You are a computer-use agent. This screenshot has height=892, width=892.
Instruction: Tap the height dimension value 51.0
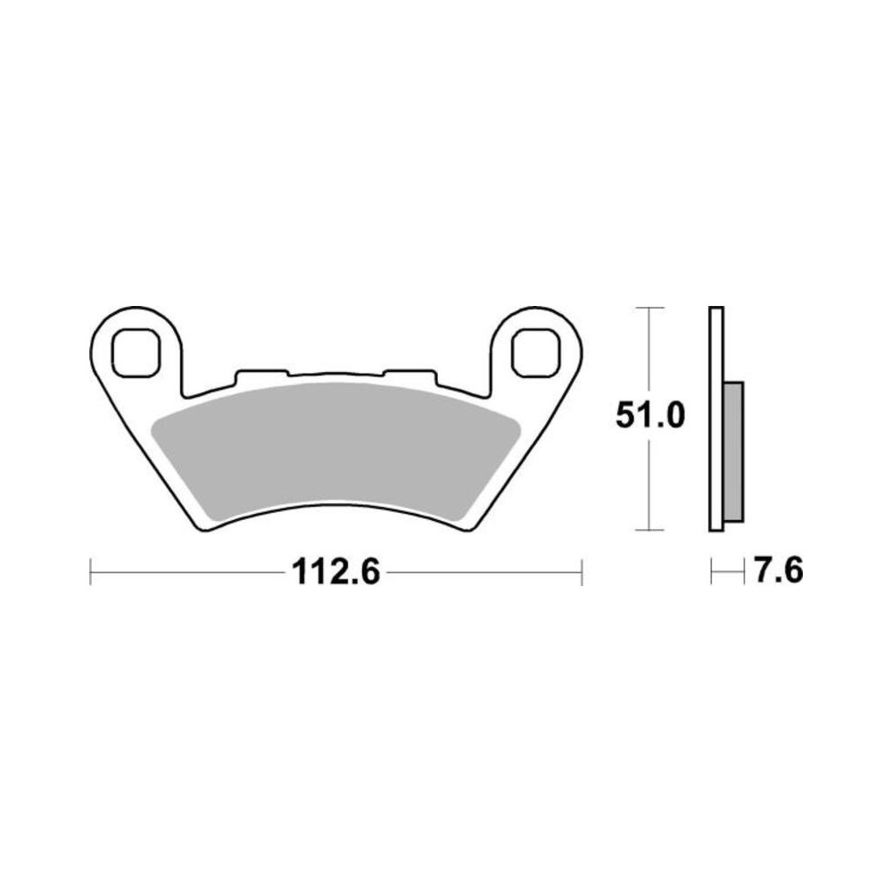650,416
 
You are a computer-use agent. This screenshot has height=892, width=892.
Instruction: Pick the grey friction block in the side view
732,450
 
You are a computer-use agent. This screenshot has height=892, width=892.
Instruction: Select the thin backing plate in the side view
715,419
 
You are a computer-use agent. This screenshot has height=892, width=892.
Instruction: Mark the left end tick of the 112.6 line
90,572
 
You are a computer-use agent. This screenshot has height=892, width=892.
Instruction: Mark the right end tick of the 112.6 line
582,572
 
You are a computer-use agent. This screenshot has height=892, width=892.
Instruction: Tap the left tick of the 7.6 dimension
711,571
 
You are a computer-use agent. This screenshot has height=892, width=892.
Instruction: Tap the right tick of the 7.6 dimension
743,571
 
